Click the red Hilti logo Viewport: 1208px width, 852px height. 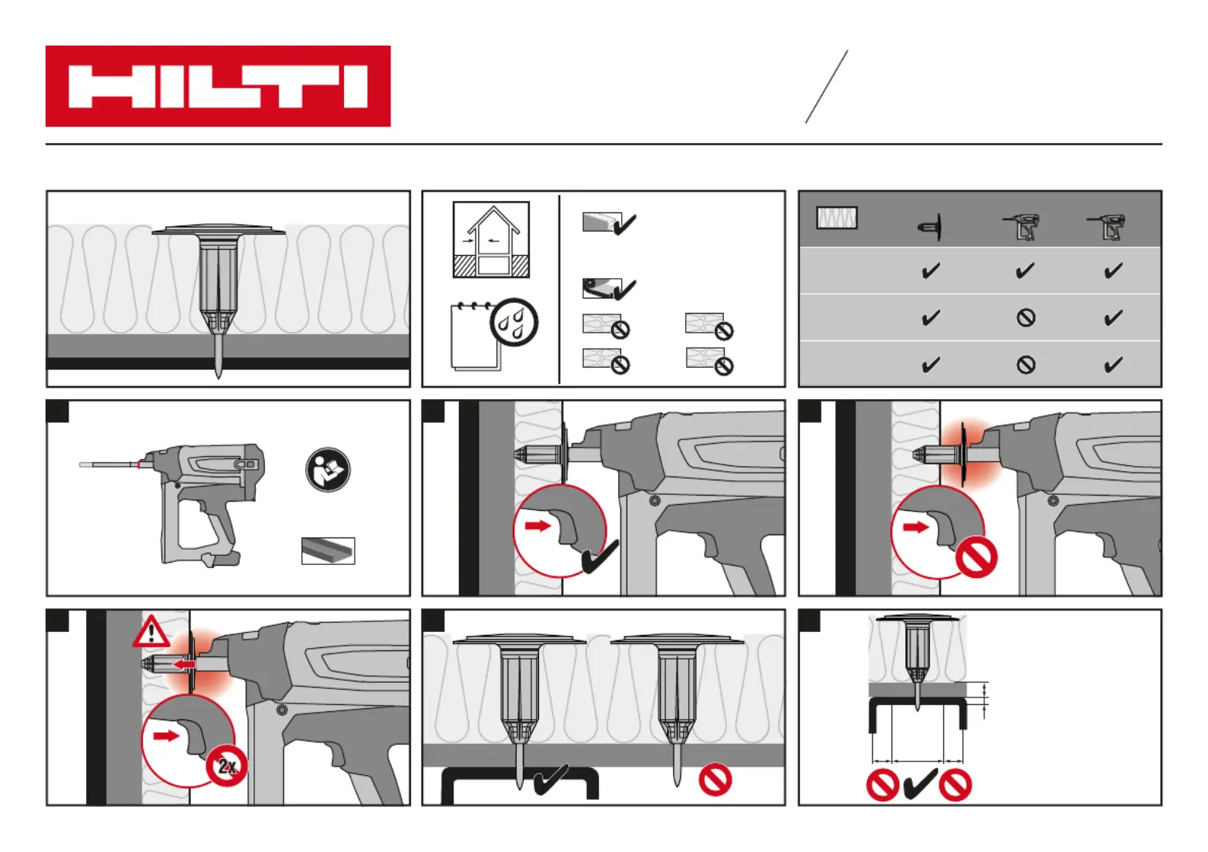pyautogui.click(x=218, y=86)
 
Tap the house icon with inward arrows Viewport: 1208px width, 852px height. pyautogui.click(x=491, y=239)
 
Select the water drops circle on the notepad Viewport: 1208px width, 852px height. pyautogui.click(x=514, y=322)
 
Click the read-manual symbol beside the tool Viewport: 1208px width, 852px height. pyautogui.click(x=328, y=470)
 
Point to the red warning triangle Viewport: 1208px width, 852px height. pyautogui.click(x=151, y=632)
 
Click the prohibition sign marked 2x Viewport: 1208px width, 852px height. pyautogui.click(x=227, y=766)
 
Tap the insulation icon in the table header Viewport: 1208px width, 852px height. pyautogui.click(x=837, y=219)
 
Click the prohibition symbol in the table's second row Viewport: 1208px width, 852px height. pyautogui.click(x=1026, y=318)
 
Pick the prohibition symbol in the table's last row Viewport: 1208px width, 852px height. pyautogui.click(x=1026, y=365)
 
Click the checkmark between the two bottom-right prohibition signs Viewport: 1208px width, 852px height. pyautogui.click(x=920, y=784)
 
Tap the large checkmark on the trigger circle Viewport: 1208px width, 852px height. pyautogui.click(x=600, y=557)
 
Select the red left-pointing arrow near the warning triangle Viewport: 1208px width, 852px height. pyautogui.click(x=183, y=665)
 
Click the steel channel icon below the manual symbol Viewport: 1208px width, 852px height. pyautogui.click(x=328, y=550)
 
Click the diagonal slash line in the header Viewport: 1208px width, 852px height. pyautogui.click(x=827, y=87)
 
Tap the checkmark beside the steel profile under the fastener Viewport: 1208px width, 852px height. pyautogui.click(x=551, y=780)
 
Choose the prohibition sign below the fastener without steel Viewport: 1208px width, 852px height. pyautogui.click(x=715, y=780)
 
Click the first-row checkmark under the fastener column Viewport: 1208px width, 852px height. pyautogui.click(x=930, y=271)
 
